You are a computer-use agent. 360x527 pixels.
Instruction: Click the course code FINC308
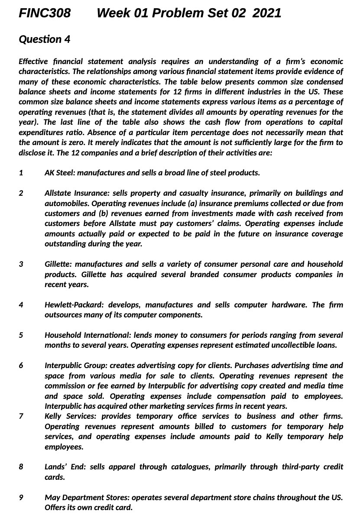(x=45, y=13)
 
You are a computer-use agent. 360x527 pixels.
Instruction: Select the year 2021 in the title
(x=266, y=13)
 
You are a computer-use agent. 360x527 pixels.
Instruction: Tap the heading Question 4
(x=44, y=39)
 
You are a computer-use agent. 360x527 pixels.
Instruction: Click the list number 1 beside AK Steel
(x=21, y=173)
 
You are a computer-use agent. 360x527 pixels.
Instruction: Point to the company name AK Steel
(x=60, y=173)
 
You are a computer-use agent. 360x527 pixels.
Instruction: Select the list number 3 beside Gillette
(x=21, y=264)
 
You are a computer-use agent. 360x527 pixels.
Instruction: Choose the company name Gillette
(x=57, y=264)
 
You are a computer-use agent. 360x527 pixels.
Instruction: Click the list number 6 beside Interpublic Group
(x=21, y=365)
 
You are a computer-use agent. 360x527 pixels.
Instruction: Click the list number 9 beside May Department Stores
(x=21, y=498)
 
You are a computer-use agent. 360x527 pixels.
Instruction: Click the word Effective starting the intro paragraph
(x=34, y=61)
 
